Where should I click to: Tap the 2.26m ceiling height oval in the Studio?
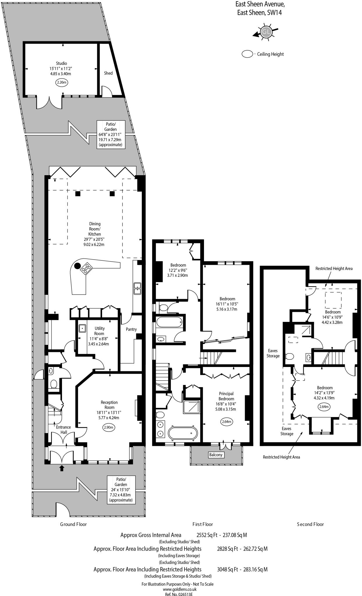coord(61,82)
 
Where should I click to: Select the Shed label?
coord(108,73)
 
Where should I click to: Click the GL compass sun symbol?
coord(266,31)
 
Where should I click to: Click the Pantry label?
coord(131,329)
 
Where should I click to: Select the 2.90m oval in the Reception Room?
coord(109,427)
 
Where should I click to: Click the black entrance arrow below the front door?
coord(62,468)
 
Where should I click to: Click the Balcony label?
coord(216,455)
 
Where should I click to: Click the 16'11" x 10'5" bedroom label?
coord(227,304)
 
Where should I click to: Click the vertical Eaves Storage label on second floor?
coord(273,353)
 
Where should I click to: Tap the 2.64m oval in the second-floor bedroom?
coord(324,407)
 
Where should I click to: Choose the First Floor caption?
coord(203,524)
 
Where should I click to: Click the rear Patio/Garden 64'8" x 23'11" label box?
coord(111,134)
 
